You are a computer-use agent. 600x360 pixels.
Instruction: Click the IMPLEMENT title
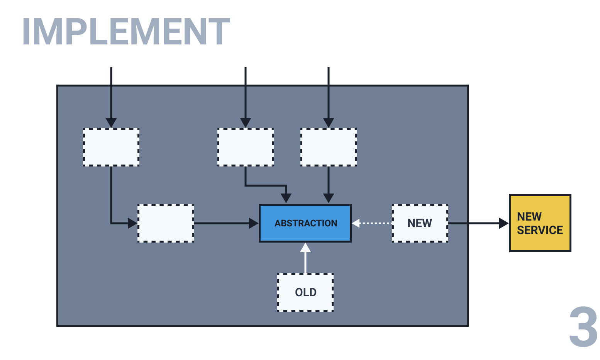[x=126, y=32]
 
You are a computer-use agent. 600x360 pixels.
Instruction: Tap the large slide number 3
[x=583, y=327]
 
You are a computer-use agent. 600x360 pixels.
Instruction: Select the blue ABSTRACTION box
[x=305, y=223]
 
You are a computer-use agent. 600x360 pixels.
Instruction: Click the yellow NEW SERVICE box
[x=540, y=223]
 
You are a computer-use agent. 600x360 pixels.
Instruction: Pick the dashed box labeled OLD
[x=305, y=292]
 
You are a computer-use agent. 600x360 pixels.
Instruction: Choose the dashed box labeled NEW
[x=420, y=223]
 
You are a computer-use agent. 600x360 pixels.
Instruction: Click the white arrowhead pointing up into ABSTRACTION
[x=305, y=248]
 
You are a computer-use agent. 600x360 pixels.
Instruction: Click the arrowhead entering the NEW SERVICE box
[x=504, y=223]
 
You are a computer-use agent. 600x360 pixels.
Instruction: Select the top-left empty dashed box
[x=111, y=147]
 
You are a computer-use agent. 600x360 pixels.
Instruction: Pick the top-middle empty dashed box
[x=246, y=147]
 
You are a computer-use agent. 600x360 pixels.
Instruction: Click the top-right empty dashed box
[x=328, y=147]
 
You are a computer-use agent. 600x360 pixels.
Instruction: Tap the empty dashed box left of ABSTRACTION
[x=166, y=223]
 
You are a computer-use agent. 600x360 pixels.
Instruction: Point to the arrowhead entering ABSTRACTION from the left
[x=254, y=223]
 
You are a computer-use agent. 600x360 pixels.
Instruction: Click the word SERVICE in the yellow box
[x=540, y=230]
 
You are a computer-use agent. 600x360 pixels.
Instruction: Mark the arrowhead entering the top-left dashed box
[x=111, y=123]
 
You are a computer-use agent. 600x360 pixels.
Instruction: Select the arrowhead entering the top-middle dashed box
[x=246, y=123]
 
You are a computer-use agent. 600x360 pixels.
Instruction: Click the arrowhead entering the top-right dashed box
[x=328, y=123]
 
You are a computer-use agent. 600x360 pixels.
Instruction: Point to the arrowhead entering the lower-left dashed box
[x=132, y=223]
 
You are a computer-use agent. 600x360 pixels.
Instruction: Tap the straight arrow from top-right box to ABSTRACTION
[x=328, y=182]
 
